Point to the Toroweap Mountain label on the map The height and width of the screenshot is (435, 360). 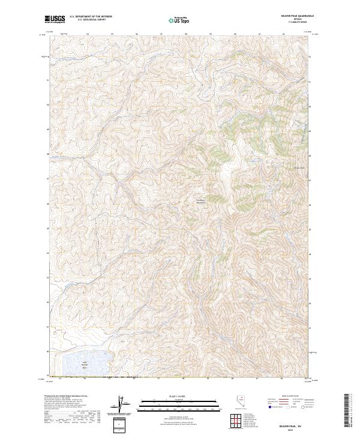point(200,201)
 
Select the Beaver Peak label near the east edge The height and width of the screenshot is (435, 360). point(300,167)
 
